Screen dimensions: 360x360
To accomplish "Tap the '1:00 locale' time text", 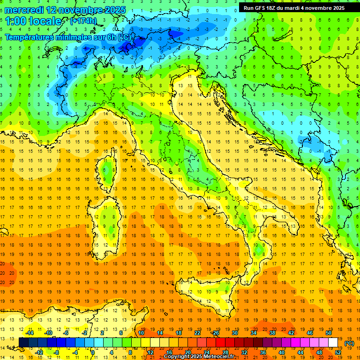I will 33,21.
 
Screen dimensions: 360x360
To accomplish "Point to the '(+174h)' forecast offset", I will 83,21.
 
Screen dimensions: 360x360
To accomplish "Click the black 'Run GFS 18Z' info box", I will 294,7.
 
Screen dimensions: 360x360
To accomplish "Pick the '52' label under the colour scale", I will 338,352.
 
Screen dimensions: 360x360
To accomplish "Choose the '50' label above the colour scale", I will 328,333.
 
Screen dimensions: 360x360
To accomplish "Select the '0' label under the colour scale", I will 93,352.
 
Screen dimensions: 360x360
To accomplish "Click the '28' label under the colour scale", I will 225,352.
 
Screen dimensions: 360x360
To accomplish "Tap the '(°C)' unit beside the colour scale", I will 349,343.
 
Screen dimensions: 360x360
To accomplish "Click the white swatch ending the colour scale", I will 333,343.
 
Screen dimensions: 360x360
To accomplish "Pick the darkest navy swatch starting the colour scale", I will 23,343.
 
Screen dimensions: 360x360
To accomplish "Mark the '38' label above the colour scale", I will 272,333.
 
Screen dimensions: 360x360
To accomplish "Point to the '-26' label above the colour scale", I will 215,333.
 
